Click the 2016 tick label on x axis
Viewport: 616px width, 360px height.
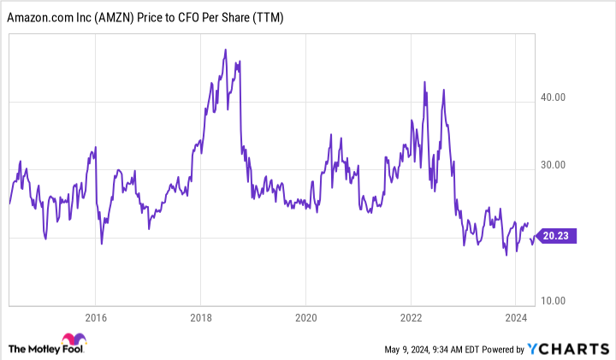point(95,314)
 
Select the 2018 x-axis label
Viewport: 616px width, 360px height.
point(200,314)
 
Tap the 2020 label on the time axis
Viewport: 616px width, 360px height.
point(305,314)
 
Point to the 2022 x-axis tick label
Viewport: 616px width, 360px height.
point(411,314)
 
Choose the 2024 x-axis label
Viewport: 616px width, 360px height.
point(515,314)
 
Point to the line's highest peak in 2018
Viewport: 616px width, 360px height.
point(225,50)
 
